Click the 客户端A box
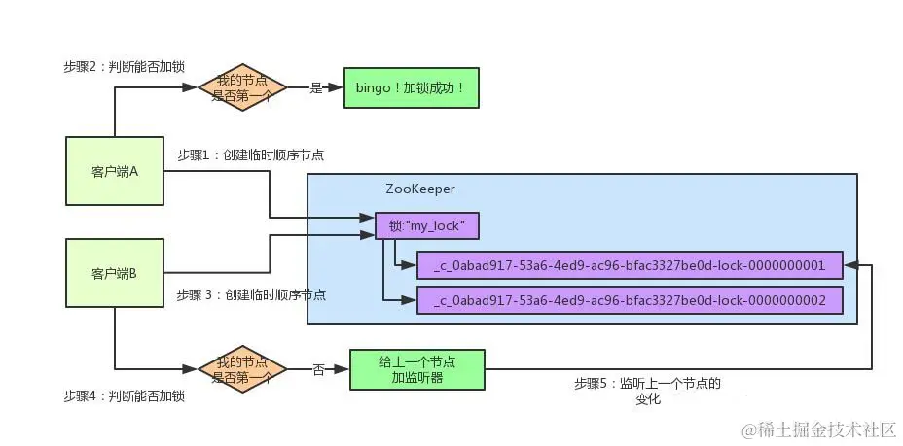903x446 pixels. pyautogui.click(x=114, y=171)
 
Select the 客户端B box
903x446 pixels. pyautogui.click(x=114, y=274)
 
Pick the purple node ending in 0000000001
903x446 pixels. pyautogui.click(x=630, y=265)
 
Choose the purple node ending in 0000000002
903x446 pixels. pyautogui.click(x=630, y=300)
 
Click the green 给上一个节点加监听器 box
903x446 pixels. pyautogui.click(x=415, y=369)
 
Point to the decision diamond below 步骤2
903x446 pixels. pyautogui.click(x=241, y=87)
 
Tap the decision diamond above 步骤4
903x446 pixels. pyautogui.click(x=241, y=369)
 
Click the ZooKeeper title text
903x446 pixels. pyautogui.click(x=420, y=189)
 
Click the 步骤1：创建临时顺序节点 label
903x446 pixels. pyautogui.click(x=250, y=154)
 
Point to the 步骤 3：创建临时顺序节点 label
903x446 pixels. pyautogui.click(x=250, y=293)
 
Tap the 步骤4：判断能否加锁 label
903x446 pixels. pyautogui.click(x=125, y=396)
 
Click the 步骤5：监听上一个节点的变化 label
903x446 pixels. pyautogui.click(x=647, y=391)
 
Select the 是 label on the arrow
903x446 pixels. pyautogui.click(x=315, y=87)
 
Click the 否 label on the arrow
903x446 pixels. pyautogui.click(x=318, y=369)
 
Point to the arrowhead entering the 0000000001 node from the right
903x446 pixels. pyautogui.click(x=849, y=265)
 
